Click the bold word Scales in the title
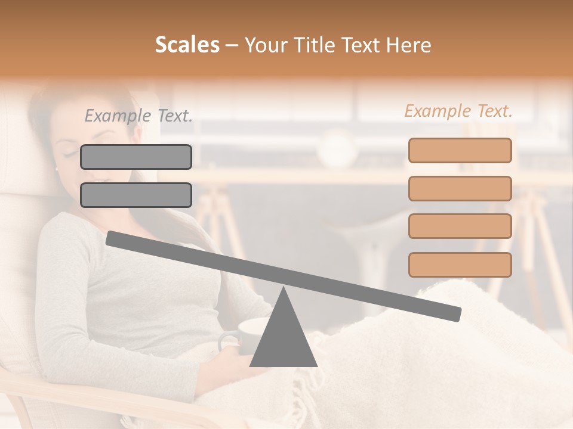point(187,45)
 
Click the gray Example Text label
point(138,116)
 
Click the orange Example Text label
point(458,111)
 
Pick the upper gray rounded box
point(136,157)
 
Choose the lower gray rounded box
point(136,195)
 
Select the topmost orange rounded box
point(460,150)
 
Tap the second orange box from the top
point(460,188)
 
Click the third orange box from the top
point(460,226)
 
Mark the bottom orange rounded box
point(460,265)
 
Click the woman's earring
point(56,169)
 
